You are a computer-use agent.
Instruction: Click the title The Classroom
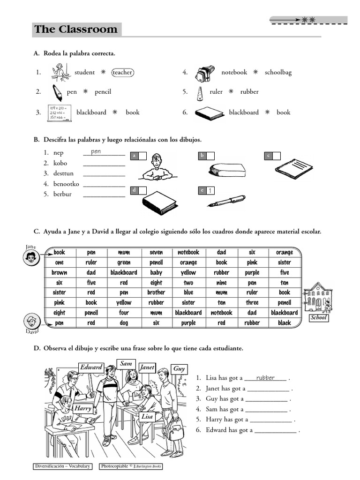point(76,30)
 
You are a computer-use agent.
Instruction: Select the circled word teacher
point(122,72)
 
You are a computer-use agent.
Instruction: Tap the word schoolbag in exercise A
point(278,72)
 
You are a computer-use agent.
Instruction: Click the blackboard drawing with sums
point(59,113)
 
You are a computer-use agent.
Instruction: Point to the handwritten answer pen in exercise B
point(96,151)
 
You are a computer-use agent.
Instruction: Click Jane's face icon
point(31,256)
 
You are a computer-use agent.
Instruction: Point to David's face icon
point(31,322)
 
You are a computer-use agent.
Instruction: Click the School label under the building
point(318,318)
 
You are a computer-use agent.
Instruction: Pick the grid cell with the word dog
point(124,322)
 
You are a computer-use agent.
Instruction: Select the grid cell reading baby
point(156,272)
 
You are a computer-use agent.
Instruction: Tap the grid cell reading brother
point(156,292)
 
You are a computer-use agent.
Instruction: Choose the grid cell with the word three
point(252,302)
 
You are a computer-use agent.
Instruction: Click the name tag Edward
point(91,367)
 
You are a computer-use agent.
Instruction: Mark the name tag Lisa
point(147,416)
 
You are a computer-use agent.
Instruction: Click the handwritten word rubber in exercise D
point(265,378)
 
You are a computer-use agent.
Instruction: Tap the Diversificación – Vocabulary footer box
point(63,466)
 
